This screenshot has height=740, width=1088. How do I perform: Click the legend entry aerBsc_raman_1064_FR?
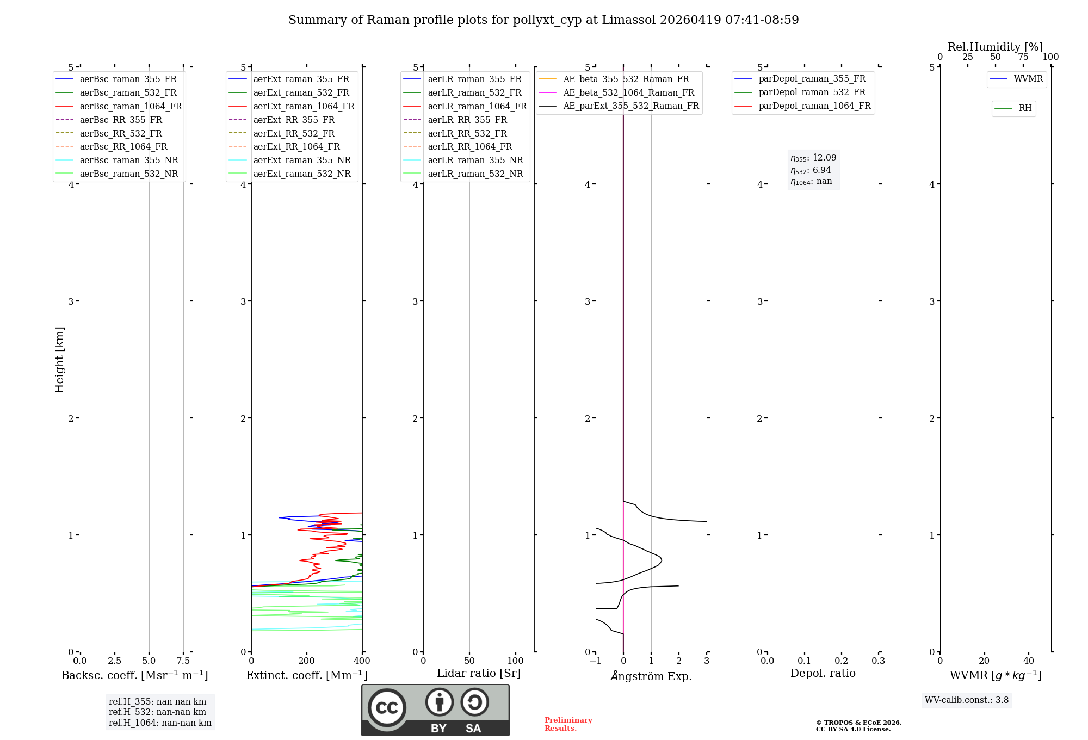131,106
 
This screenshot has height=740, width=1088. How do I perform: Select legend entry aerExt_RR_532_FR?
294,133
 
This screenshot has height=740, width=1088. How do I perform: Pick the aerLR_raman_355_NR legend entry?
475,160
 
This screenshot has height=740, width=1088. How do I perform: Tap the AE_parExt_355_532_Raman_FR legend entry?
630,106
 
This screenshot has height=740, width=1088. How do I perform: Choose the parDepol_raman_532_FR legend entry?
812,92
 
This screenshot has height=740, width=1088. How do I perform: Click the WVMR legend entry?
1028,79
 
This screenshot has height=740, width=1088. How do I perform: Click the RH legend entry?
1025,108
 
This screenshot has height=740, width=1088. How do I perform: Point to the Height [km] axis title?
59,360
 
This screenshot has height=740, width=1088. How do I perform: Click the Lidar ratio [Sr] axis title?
479,673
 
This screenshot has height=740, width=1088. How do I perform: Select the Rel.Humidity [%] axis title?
995,47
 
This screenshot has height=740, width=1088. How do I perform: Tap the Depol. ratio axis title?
823,673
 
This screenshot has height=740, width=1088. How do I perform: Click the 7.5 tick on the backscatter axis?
183,661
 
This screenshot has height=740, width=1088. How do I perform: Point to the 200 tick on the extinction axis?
307,661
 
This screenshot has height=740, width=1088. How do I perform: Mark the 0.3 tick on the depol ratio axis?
878,661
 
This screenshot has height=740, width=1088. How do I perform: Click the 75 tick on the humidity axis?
1023,57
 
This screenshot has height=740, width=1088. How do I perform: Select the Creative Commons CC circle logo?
387,708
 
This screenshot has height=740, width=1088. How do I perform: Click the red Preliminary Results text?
568,724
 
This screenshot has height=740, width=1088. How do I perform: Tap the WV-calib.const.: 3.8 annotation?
966,700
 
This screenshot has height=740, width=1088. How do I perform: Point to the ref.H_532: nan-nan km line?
157,712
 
